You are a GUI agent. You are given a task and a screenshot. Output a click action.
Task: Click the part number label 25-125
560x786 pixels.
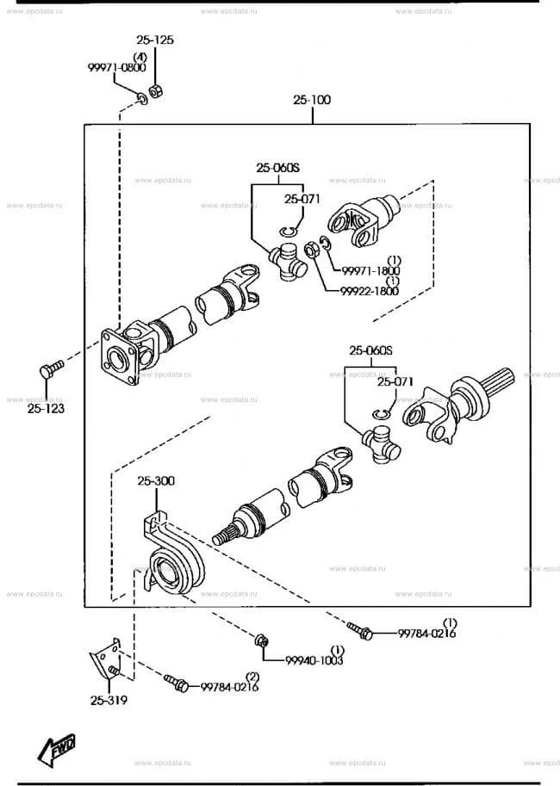155,40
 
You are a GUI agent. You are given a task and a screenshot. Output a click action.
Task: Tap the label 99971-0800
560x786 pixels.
117,67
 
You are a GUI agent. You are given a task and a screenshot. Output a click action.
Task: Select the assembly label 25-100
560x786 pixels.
312,99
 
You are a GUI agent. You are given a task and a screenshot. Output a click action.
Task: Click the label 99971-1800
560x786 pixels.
370,271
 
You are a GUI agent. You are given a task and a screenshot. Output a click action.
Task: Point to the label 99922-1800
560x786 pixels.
370,291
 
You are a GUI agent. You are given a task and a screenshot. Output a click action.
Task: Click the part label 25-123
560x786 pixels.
46,409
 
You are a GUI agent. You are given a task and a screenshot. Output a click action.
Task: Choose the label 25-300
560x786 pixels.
156,480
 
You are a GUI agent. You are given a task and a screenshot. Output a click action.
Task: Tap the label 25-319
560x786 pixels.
109,700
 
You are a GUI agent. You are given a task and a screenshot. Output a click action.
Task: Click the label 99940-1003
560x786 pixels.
314,660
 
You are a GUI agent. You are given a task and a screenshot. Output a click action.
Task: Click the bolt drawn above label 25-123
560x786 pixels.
51,369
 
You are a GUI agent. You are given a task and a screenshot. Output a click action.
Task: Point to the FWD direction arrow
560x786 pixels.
57,749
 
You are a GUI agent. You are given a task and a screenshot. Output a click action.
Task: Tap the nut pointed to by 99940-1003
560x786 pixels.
261,641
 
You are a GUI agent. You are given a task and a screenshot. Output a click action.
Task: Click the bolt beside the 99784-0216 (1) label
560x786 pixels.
359,630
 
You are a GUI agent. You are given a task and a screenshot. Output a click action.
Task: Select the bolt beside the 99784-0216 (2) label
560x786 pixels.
176,683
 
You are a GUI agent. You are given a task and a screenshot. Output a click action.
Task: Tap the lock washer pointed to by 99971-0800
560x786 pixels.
142,99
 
